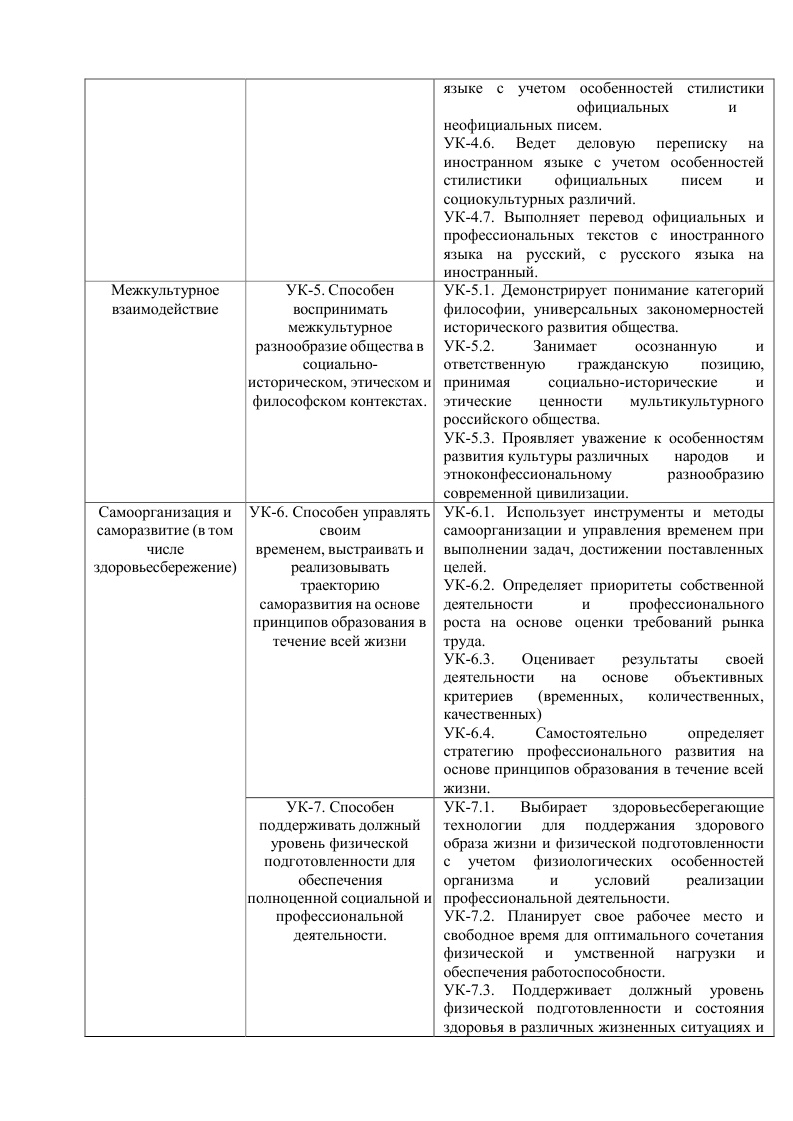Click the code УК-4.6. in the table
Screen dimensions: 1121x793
pos(468,144)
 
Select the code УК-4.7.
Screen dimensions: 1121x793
pos(468,217)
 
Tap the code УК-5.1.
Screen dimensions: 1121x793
pos(468,291)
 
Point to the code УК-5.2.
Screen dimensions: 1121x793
pos(468,346)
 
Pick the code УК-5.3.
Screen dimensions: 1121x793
pos(468,438)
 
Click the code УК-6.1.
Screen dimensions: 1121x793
pos(468,512)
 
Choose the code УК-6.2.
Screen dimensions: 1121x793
pos(468,585)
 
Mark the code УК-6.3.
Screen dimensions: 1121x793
pos(468,659)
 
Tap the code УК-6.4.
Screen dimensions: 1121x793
pos(468,733)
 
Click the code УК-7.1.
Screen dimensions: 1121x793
pos(468,806)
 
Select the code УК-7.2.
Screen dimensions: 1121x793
pos(468,915)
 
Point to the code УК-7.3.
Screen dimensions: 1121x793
pos(468,989)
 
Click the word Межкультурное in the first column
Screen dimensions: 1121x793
pos(165,291)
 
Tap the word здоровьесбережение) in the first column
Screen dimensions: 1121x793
pos(165,567)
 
